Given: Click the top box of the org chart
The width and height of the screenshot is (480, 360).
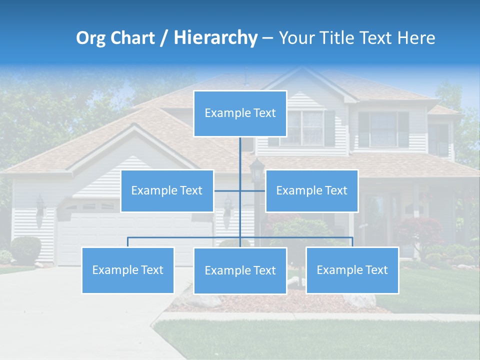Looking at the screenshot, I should click(x=240, y=113).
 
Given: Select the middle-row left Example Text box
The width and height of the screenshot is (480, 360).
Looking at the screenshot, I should click(x=167, y=190).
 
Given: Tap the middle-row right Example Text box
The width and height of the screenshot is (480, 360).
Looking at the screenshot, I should click(x=311, y=190).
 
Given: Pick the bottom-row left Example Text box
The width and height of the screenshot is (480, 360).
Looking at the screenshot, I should click(x=128, y=270).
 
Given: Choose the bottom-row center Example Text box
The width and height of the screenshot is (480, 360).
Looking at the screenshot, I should click(x=240, y=270).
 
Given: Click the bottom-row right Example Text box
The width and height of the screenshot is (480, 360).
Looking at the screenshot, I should click(x=352, y=270).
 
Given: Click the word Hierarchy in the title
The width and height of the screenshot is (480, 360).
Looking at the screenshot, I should click(x=215, y=38).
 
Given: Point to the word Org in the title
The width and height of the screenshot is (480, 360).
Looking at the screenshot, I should click(x=90, y=38).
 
